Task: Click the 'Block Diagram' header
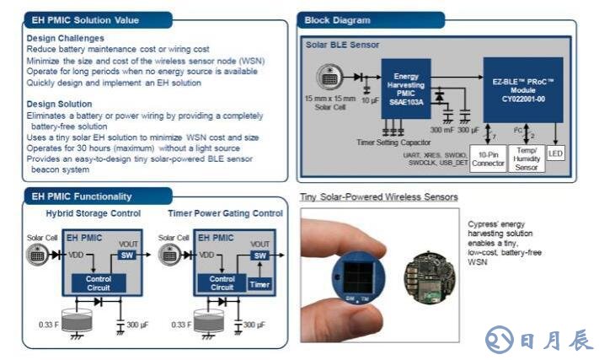click(337, 19)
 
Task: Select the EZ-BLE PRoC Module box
click(522, 89)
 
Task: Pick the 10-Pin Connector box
click(487, 159)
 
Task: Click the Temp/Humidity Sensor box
click(527, 159)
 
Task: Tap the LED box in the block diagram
click(555, 154)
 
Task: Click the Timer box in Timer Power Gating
click(260, 286)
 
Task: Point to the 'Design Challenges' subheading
click(66, 38)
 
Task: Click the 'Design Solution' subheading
click(61, 104)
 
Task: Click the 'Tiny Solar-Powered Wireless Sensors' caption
click(378, 197)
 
